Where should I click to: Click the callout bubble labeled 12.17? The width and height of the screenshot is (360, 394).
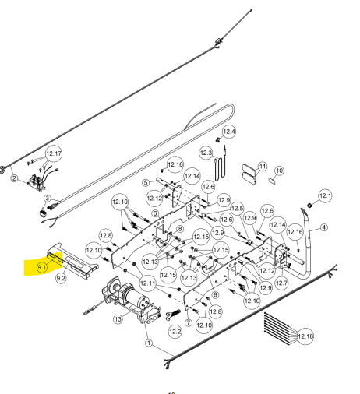[x=54, y=153]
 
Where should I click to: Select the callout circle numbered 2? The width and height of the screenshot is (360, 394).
[x=14, y=178]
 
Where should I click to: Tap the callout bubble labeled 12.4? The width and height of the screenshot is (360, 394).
[x=229, y=132]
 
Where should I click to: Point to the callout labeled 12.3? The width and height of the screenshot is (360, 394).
[x=206, y=153]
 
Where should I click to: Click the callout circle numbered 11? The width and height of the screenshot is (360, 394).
[x=263, y=166]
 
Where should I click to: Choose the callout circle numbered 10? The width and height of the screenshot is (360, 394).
[x=279, y=171]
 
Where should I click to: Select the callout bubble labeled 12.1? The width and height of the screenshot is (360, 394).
[x=325, y=195]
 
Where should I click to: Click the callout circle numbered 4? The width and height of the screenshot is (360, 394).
[x=324, y=227]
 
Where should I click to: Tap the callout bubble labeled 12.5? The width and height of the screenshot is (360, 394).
[x=237, y=209]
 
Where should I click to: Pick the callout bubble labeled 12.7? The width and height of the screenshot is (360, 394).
[x=281, y=283]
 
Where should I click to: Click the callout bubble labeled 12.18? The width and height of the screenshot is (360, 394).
[x=305, y=336]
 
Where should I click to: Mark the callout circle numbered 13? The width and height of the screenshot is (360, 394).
[x=118, y=319]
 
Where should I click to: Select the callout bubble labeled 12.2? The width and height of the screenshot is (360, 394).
[x=175, y=332]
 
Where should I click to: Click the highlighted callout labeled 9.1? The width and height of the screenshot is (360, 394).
[x=42, y=267]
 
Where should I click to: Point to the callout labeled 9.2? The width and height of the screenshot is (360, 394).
[x=61, y=278]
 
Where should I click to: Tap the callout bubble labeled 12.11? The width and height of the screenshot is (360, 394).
[x=147, y=283]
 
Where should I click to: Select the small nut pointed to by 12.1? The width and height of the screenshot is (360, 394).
[x=309, y=206]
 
